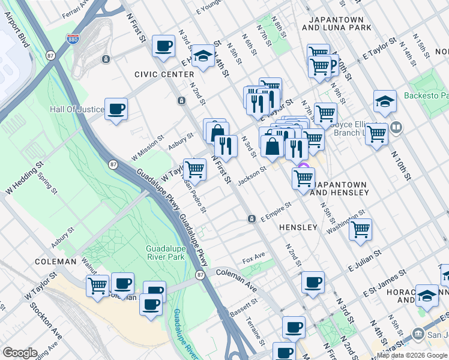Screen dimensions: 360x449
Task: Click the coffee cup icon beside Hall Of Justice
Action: (116, 109)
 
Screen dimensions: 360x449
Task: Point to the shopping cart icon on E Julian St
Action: (360, 228)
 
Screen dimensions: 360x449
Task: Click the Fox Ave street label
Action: (253, 260)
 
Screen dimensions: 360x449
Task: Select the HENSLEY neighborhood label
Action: (297, 227)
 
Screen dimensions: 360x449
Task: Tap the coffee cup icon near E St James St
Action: (313, 282)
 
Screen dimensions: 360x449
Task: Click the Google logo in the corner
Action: (20, 353)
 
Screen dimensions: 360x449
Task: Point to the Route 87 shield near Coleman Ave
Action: (200, 274)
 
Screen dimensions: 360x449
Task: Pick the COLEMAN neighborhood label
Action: (55, 262)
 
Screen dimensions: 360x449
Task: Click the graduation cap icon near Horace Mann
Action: (427, 295)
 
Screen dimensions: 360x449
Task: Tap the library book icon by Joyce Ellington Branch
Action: (396, 127)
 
